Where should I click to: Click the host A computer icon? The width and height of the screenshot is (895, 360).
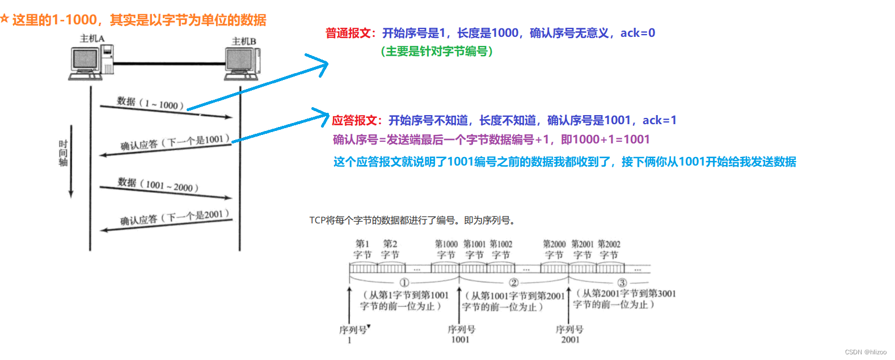coord(90,63)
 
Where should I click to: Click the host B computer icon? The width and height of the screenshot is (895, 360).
coord(242,63)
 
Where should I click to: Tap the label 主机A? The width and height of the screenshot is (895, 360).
coord(92,39)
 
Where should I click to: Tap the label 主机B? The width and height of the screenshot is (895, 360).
coord(244,41)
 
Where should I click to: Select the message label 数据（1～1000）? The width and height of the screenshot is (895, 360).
coord(150,103)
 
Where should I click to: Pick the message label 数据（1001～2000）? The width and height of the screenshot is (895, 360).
coord(158,184)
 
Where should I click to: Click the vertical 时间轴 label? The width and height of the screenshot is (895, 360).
coord(63,153)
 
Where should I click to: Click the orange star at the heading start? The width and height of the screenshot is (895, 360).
coord(5,19)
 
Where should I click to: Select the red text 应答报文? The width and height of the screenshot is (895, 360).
coord(354,120)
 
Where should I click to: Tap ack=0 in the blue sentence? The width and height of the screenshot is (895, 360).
coord(638,33)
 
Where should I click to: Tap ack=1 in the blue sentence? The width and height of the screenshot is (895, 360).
coord(659,120)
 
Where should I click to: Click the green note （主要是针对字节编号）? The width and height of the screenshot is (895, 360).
coord(437,52)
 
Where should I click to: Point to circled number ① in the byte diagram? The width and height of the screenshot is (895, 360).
coord(404,282)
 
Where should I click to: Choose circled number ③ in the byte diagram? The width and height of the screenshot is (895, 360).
coord(622,282)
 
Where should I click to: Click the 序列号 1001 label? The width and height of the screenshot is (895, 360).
coord(461,334)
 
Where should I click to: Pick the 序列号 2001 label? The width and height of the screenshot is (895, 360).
coord(570,334)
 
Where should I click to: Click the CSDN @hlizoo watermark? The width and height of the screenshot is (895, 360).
coord(866,352)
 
